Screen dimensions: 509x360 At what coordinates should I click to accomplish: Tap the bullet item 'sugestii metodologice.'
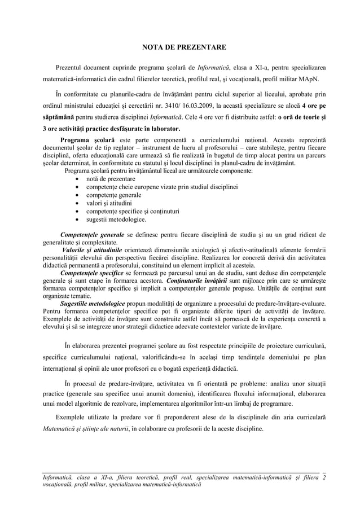click(116, 220)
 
